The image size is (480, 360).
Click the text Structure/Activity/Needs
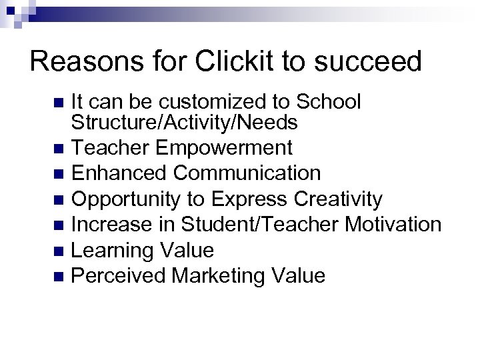[184, 123]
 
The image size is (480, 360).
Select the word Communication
[247, 173]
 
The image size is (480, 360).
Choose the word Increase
[110, 224]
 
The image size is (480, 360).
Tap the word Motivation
[393, 224]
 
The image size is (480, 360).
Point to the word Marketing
[223, 275]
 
